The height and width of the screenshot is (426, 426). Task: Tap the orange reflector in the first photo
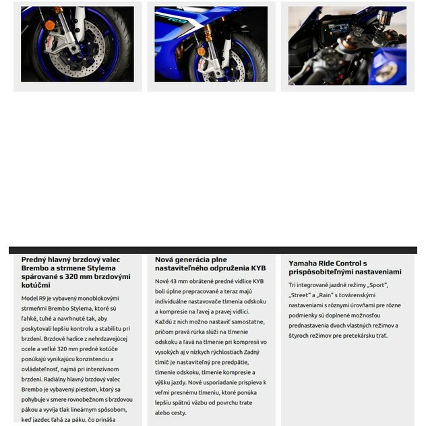point(50,26)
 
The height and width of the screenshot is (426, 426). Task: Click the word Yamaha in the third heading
point(305,263)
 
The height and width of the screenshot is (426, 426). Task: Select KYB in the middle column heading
point(259,268)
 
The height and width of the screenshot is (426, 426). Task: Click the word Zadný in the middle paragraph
point(251,352)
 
